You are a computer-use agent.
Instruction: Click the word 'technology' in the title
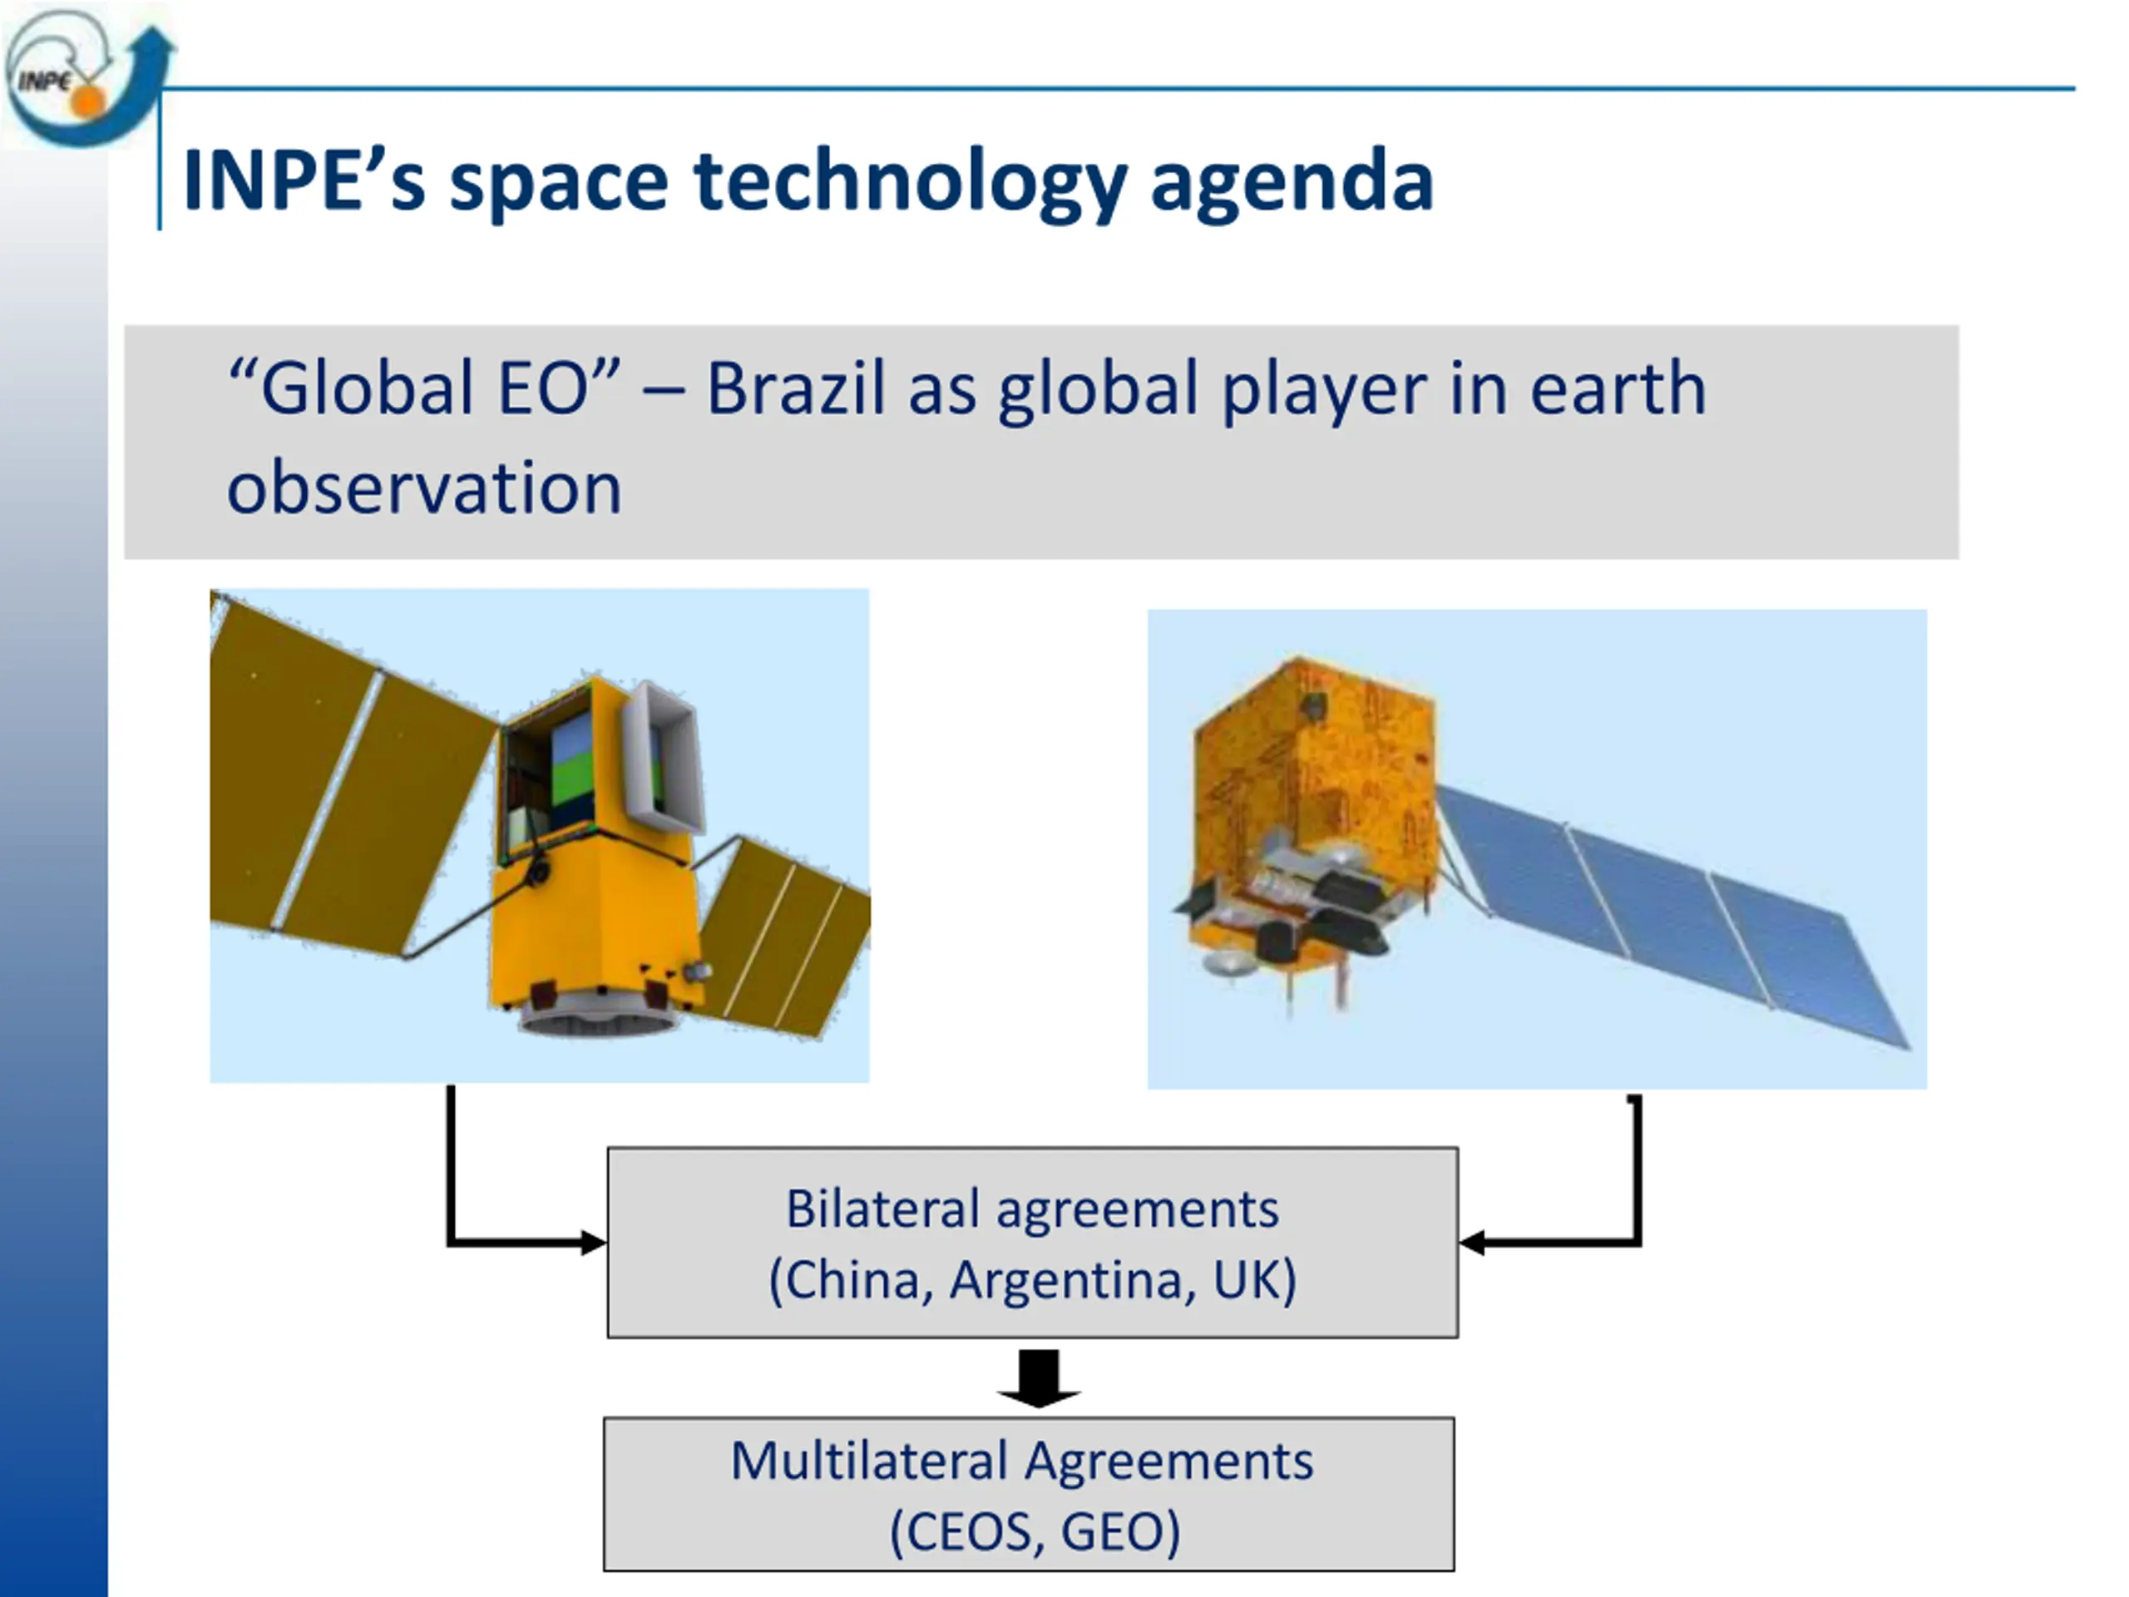pyautogui.click(x=909, y=182)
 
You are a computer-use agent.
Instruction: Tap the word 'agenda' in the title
pyautogui.click(x=1292, y=184)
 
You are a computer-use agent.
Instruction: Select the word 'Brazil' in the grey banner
pyautogui.click(x=795, y=388)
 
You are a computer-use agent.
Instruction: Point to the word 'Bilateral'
pyautogui.click(x=882, y=1209)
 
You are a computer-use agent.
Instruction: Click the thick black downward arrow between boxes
pyautogui.click(x=1039, y=1378)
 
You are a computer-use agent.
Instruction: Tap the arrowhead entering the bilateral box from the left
pyautogui.click(x=593, y=1243)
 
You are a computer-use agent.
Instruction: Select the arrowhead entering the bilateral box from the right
pyautogui.click(x=1473, y=1243)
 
